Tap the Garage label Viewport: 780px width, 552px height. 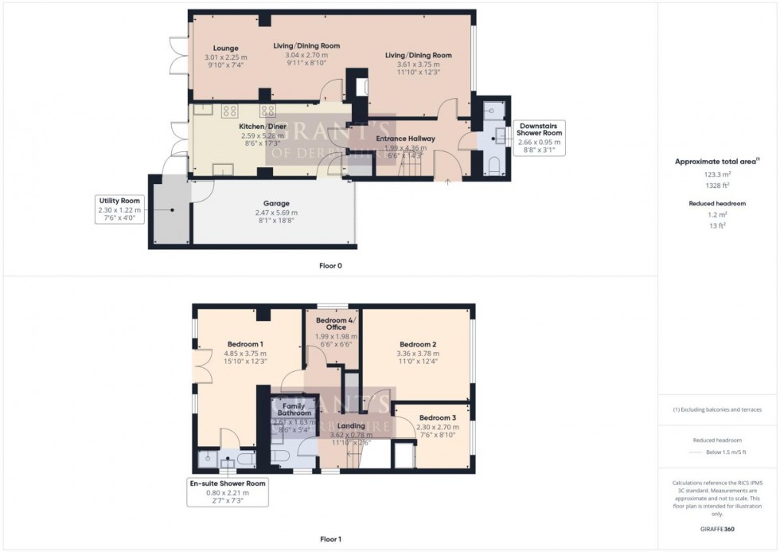[x=276, y=203]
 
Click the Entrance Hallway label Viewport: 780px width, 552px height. [x=409, y=138]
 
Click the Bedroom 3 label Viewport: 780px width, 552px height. [x=438, y=417]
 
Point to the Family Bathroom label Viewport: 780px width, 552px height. [x=294, y=409]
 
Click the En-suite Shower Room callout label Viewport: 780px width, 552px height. [x=228, y=483]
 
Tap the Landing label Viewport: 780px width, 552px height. [x=351, y=425]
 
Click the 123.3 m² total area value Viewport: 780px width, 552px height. [x=718, y=174]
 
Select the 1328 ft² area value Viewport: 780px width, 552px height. [x=718, y=185]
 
